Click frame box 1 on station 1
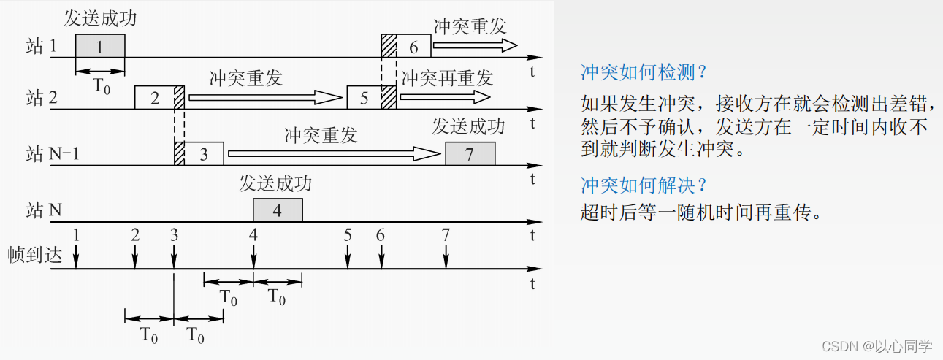click(x=100, y=47)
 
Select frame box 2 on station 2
click(x=154, y=98)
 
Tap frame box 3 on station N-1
click(x=203, y=154)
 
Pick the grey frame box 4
click(x=278, y=210)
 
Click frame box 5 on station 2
click(x=364, y=98)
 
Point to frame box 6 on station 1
click(x=413, y=47)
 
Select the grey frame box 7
click(x=470, y=154)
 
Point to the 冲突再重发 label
click(x=447, y=77)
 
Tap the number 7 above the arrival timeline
click(x=446, y=235)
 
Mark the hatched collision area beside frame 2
click(x=179, y=98)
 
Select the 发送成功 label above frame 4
click(x=275, y=183)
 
